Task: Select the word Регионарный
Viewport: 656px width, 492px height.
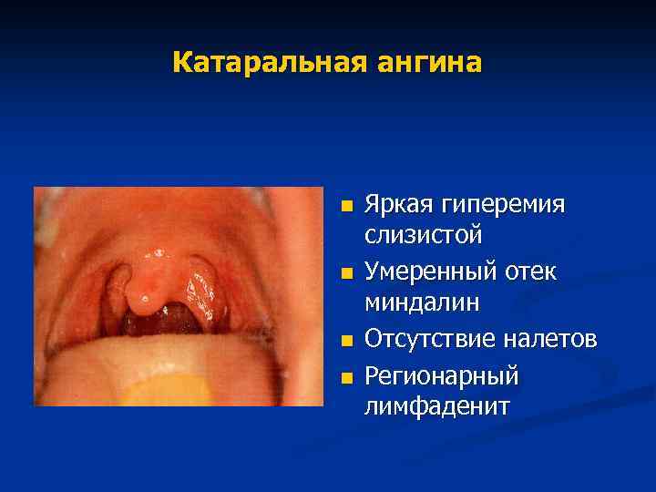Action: point(442,374)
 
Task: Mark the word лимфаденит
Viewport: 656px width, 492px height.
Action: point(437,406)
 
